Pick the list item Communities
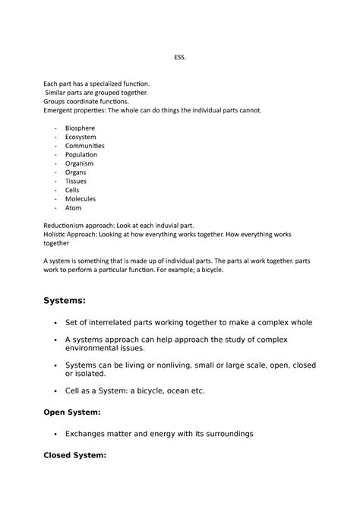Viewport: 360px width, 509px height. click(x=85, y=145)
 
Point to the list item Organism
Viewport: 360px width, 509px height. click(x=80, y=163)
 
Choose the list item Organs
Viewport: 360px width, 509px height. click(x=76, y=172)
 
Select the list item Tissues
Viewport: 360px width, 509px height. click(x=77, y=182)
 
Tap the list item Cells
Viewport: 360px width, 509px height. click(x=73, y=190)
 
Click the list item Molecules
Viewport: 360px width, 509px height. click(x=81, y=199)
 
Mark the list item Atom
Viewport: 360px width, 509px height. click(x=73, y=208)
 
